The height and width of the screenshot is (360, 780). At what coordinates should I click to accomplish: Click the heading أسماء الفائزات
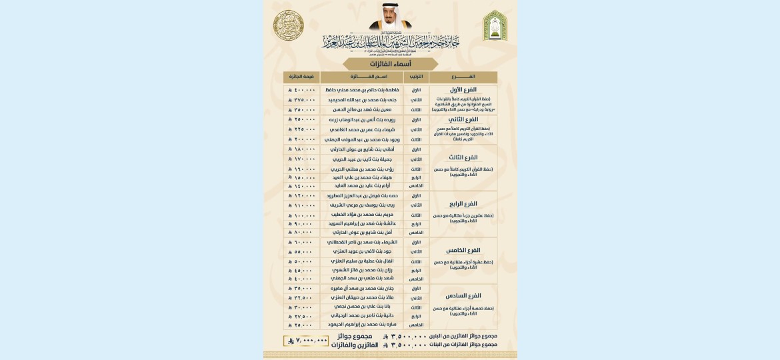click(x=390, y=64)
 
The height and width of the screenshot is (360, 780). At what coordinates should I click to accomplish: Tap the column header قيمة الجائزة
click(x=301, y=77)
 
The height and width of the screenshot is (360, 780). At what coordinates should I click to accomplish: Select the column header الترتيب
click(x=417, y=77)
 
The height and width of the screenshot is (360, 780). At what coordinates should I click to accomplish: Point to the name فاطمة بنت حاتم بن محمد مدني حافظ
click(x=365, y=90)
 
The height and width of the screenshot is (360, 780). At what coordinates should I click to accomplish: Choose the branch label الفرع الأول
click(x=463, y=89)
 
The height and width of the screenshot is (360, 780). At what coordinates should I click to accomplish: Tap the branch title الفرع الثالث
click(x=463, y=157)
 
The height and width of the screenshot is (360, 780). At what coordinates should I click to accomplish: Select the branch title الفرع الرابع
click(x=463, y=203)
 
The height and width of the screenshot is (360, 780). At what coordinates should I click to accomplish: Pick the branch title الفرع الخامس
click(x=463, y=250)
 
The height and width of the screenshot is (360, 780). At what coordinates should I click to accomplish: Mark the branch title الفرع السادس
click(x=463, y=295)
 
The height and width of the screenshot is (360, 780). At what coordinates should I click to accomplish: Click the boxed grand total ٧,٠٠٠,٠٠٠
click(x=306, y=340)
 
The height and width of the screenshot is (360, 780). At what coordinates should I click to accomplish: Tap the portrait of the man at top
click(x=389, y=17)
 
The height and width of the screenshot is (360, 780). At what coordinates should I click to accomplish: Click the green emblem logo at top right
click(x=495, y=25)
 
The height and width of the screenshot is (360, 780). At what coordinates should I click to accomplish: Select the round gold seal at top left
click(x=289, y=25)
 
